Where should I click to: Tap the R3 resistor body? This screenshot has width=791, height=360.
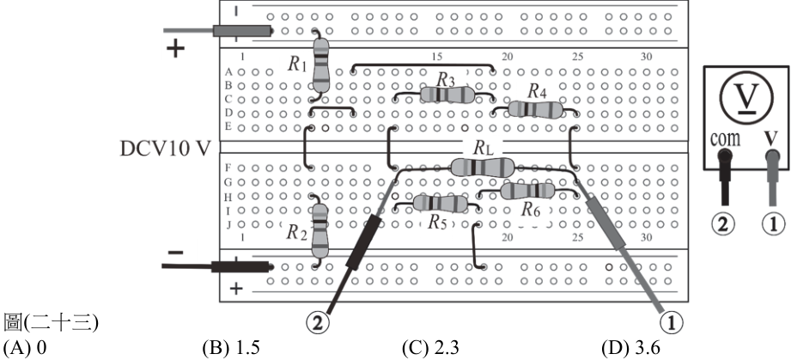click(447, 95)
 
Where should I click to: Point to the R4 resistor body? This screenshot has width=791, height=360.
click(535, 108)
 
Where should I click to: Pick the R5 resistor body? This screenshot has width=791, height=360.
click(441, 203)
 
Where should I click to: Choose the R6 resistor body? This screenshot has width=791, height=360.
click(527, 191)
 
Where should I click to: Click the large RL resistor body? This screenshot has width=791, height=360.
click(483, 168)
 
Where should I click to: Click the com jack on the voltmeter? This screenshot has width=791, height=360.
click(726, 156)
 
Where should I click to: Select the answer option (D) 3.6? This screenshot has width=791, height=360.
click(631, 348)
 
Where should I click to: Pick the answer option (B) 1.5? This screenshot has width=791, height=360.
click(232, 348)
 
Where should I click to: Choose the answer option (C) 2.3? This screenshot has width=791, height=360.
click(431, 348)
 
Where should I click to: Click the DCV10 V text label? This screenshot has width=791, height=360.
click(165, 149)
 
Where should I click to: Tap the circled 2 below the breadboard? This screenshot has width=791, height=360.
click(319, 322)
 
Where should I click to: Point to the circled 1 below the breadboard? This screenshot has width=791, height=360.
click(672, 322)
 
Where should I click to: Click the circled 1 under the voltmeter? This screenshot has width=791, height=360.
click(772, 223)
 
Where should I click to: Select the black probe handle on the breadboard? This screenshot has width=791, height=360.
click(362, 241)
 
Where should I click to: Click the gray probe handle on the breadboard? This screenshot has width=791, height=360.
click(605, 223)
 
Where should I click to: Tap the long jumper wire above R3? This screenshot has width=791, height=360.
click(423, 65)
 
